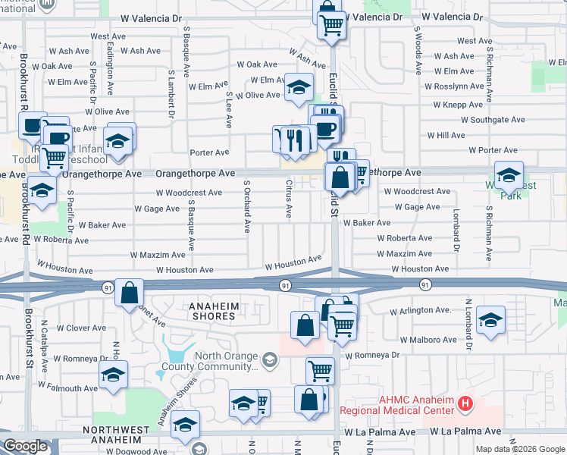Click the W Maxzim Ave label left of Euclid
point(158,256)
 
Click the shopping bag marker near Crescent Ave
point(130,291)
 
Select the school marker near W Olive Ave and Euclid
point(299,86)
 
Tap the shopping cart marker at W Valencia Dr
point(331,24)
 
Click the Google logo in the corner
point(25,446)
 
